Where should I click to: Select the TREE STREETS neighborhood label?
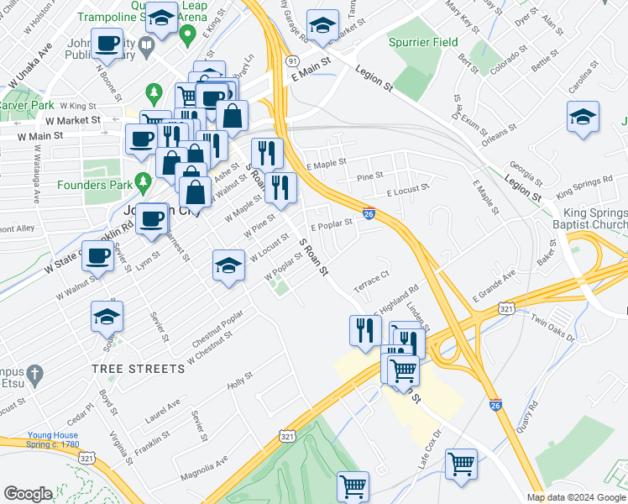click(x=139, y=369)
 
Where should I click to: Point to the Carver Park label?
click(x=25, y=106)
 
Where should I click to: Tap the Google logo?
click(x=28, y=494)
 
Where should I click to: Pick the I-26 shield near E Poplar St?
click(x=369, y=214)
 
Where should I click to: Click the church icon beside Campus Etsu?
click(x=34, y=372)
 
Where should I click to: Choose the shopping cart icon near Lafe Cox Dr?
click(x=461, y=464)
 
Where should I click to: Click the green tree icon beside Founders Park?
click(x=143, y=181)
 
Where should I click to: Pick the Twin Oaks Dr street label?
click(x=552, y=328)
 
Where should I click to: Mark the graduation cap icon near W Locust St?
click(x=227, y=265)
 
